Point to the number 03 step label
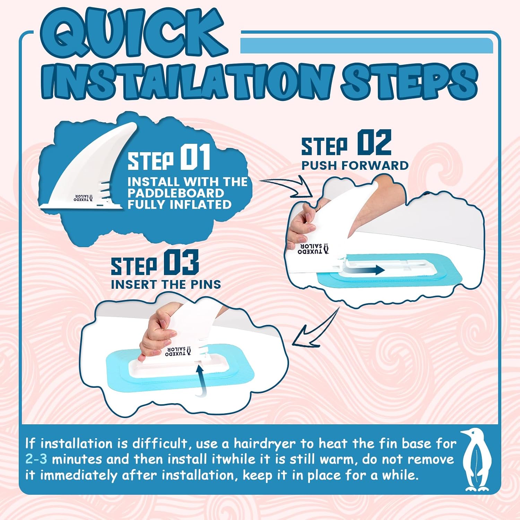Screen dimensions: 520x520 [181, 262]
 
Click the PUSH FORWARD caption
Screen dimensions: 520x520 [355, 166]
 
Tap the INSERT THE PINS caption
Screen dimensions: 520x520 [166, 285]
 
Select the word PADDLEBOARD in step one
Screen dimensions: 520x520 [176, 193]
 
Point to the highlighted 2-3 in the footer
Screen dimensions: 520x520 [36, 459]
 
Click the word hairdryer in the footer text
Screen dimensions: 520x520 [265, 444]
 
